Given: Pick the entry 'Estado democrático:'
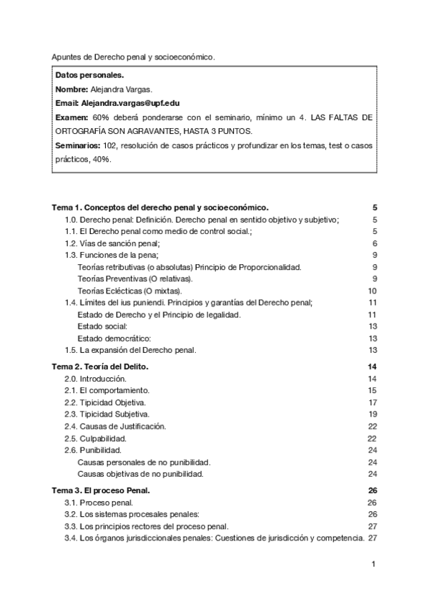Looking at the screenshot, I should tap(114, 338).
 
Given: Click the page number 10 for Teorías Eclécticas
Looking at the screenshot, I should tap(372, 291).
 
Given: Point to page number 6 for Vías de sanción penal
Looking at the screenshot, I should tap(375, 243).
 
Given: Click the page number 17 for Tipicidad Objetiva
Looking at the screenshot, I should tap(372, 402).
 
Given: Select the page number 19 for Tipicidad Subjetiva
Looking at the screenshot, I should tap(372, 414).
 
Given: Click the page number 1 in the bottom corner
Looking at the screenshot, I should tap(374, 565).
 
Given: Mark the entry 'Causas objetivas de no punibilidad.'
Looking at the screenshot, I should tap(140, 473).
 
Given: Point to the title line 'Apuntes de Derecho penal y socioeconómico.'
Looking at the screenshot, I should tap(133, 57).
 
